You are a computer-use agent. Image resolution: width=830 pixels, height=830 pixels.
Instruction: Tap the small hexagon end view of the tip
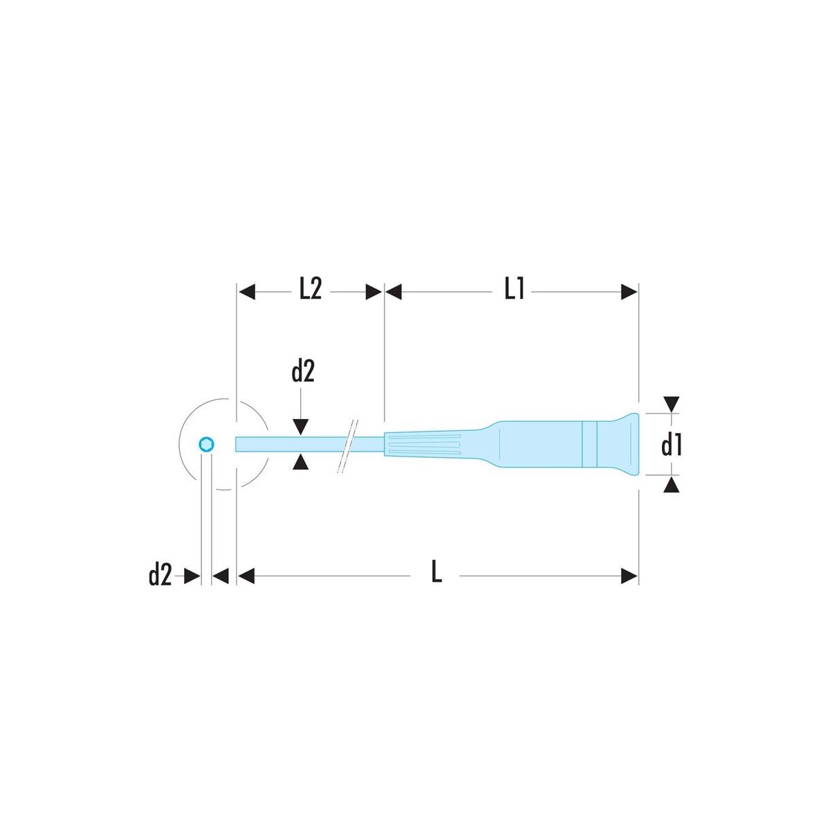207,444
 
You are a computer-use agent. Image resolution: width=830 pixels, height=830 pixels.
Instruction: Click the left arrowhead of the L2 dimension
247,292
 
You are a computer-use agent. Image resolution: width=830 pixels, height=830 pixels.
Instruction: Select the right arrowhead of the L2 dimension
374,292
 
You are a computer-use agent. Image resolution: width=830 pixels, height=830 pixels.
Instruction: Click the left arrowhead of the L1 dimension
394,292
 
